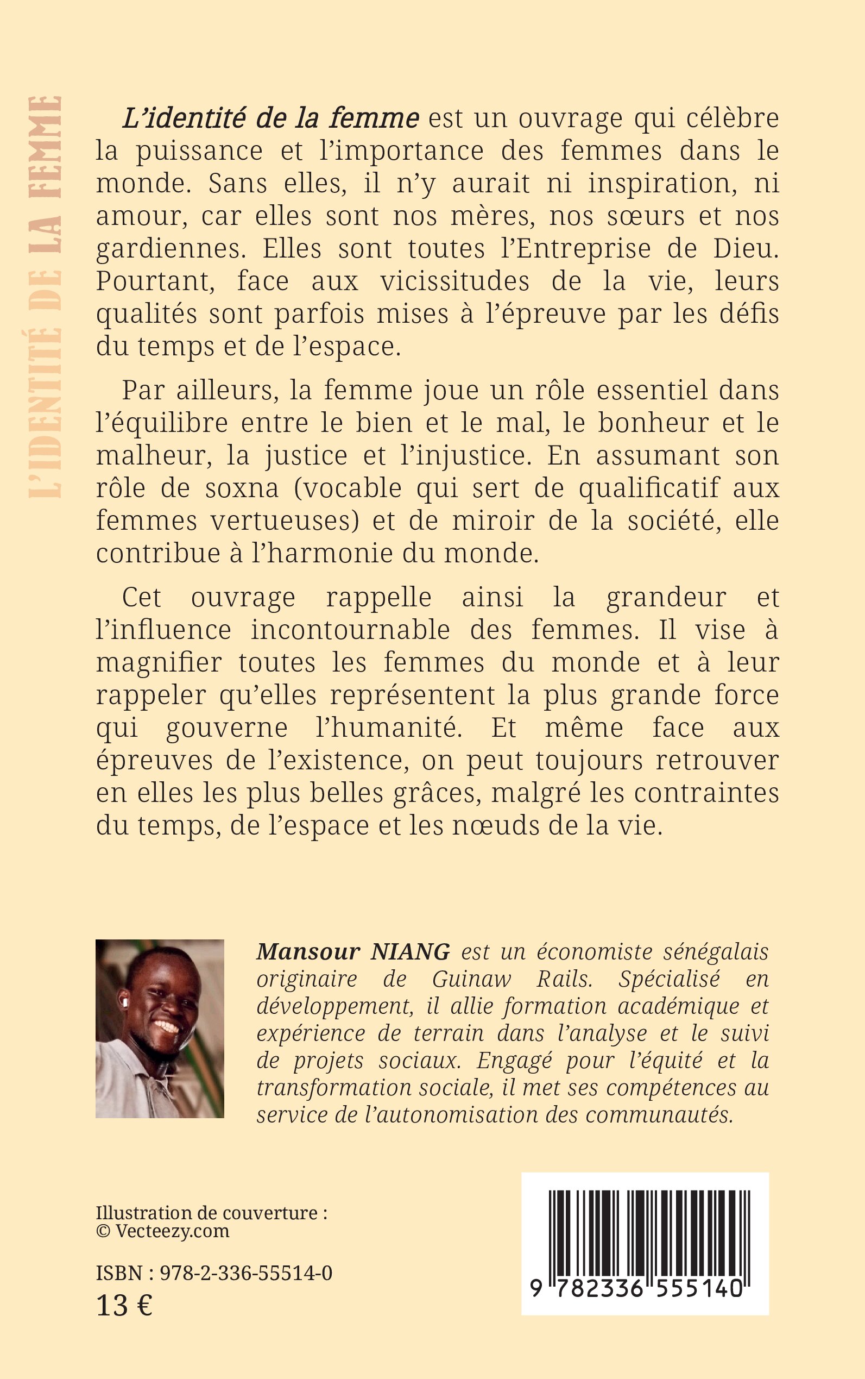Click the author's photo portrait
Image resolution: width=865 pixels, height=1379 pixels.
click(x=160, y=1028)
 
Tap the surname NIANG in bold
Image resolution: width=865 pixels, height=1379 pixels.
click(x=410, y=952)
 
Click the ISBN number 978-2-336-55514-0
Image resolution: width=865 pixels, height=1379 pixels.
click(x=246, y=1273)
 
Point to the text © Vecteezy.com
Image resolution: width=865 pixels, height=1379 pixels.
click(x=162, y=1231)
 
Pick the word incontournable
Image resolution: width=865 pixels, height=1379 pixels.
click(x=351, y=630)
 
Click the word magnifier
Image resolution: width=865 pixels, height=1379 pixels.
click(x=159, y=663)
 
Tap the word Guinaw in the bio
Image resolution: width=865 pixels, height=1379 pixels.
click(x=471, y=980)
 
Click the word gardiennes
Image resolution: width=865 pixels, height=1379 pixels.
click(x=171, y=249)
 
